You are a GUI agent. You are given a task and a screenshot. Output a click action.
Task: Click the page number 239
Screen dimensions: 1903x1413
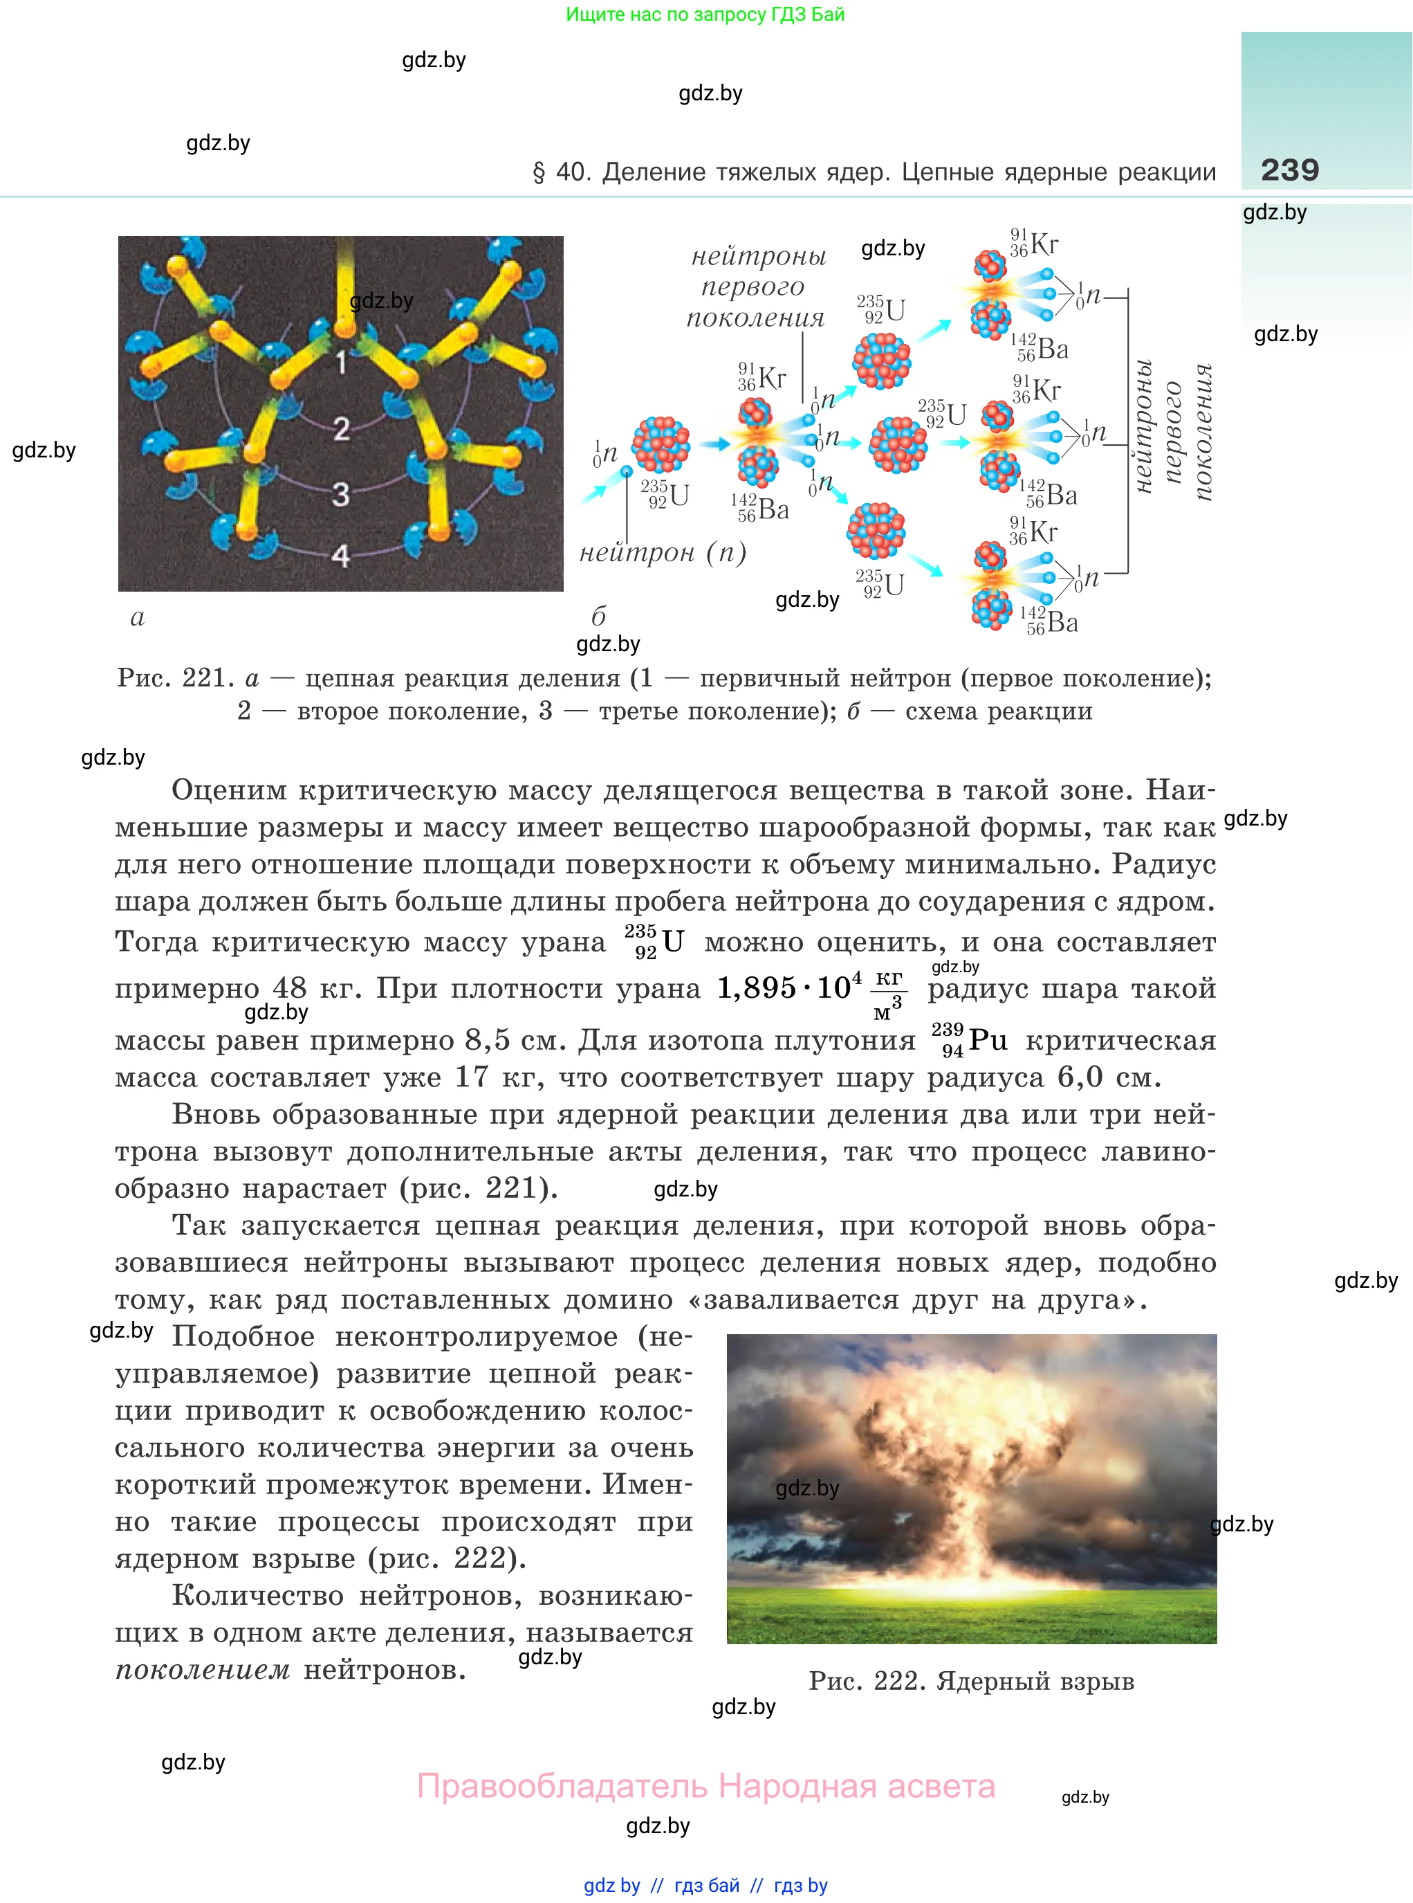1289,170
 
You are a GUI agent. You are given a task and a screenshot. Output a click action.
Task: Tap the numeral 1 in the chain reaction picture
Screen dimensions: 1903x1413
341,363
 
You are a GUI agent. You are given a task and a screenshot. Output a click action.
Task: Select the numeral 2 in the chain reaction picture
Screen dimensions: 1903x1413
341,428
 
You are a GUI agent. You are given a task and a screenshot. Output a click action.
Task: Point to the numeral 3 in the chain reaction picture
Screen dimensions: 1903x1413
340,493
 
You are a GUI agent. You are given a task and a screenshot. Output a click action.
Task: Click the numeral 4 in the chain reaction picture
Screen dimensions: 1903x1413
340,556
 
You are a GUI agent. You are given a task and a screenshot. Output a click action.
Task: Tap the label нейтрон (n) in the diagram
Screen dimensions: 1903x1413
663,553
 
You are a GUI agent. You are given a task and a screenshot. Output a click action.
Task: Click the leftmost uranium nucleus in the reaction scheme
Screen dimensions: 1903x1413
661,445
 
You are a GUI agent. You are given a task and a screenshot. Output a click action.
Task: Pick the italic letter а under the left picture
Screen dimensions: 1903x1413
138,617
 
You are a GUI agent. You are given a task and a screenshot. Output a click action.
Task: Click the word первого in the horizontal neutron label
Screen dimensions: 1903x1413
752,286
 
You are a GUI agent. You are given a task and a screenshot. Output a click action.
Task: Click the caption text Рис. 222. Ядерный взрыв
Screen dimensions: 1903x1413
971,1682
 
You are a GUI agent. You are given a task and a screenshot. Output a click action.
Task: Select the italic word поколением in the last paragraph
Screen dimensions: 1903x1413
203,1669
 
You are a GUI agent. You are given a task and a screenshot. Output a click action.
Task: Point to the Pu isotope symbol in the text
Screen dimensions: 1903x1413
970,1041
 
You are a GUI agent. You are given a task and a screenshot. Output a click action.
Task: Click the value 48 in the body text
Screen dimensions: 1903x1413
289,987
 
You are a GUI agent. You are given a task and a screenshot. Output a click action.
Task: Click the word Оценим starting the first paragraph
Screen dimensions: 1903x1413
228,790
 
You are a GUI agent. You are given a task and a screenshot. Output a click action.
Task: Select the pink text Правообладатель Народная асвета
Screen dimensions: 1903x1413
705,1786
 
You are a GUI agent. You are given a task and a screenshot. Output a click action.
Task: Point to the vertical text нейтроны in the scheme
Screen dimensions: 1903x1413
1143,427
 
